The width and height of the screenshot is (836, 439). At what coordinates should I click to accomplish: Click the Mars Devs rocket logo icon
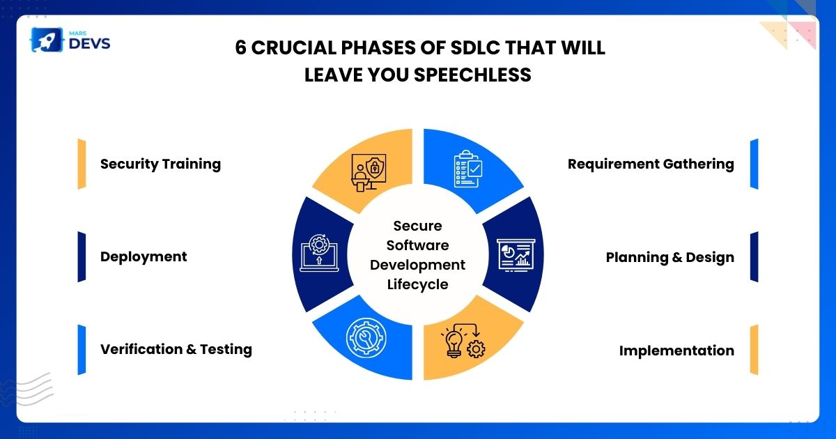pyautogui.click(x=47, y=40)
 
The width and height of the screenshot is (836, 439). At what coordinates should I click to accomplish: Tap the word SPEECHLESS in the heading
pyautogui.click(x=472, y=75)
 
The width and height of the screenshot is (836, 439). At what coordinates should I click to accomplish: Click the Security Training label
pyautogui.click(x=160, y=164)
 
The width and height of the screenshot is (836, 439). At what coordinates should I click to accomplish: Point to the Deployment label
pyautogui.click(x=144, y=257)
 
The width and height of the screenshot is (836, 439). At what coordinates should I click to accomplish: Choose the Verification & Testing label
pyautogui.click(x=176, y=349)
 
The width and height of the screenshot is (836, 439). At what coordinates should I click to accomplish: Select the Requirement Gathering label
pyautogui.click(x=651, y=164)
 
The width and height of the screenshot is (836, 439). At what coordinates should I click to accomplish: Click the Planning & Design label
pyautogui.click(x=670, y=258)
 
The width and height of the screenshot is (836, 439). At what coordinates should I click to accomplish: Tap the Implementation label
pyautogui.click(x=676, y=351)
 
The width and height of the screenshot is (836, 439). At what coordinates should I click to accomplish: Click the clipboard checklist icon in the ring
pyautogui.click(x=468, y=169)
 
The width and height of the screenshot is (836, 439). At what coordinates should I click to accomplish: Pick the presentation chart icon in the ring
pyautogui.click(x=516, y=255)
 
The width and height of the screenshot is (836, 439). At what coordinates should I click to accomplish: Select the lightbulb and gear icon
pyautogui.click(x=463, y=341)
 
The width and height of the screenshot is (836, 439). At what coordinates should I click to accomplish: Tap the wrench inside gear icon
pyautogui.click(x=366, y=338)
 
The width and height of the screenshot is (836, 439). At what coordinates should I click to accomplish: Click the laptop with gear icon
pyautogui.click(x=320, y=253)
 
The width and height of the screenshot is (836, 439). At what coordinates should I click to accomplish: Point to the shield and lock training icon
pyautogui.click(x=369, y=173)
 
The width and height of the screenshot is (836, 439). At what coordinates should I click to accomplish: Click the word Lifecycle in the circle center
pyautogui.click(x=417, y=285)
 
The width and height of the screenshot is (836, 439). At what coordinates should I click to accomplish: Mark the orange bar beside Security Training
pyautogui.click(x=82, y=164)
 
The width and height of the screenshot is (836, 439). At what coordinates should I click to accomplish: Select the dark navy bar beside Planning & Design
pyautogui.click(x=754, y=257)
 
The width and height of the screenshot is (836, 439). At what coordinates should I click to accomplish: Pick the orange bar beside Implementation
pyautogui.click(x=754, y=350)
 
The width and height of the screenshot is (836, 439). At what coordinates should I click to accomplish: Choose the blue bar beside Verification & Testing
pyautogui.click(x=82, y=350)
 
